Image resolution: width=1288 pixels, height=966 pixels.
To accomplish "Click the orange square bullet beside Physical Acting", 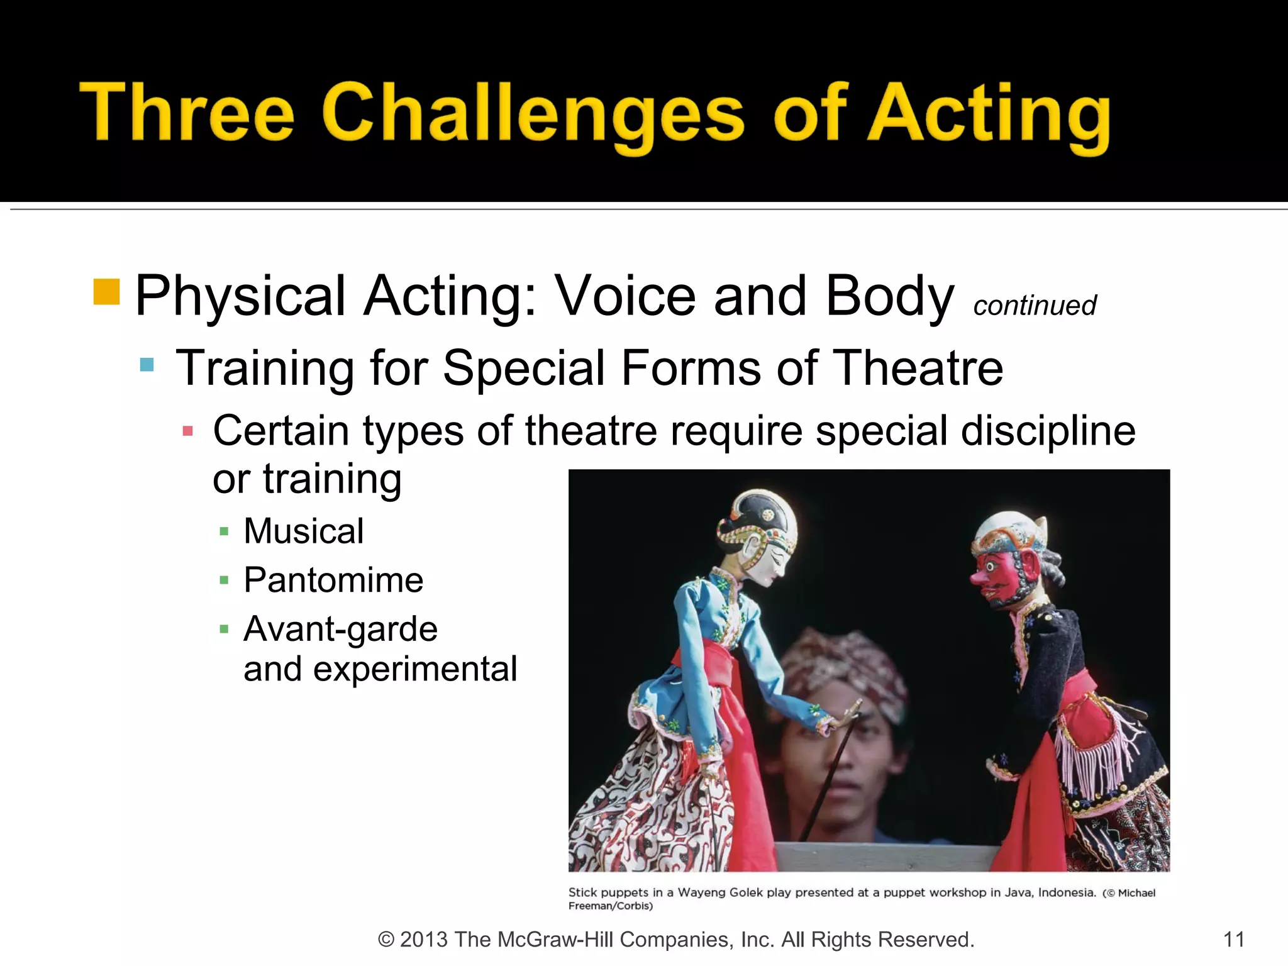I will click(106, 292).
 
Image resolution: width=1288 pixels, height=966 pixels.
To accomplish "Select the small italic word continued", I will click(1035, 306).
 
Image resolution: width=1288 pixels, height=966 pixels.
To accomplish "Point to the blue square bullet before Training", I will click(147, 365).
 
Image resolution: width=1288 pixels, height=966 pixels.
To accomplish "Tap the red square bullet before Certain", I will click(187, 431).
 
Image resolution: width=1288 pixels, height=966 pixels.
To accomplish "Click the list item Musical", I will click(304, 531).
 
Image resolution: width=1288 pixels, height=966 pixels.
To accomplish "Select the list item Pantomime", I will click(333, 580).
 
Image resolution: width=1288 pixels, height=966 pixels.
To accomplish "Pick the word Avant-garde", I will click(340, 629).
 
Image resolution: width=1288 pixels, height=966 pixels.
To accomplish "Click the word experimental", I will click(415, 669).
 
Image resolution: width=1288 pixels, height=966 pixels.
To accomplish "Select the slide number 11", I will click(1233, 940).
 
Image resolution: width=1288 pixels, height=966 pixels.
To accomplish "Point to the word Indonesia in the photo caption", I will click(1067, 892).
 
